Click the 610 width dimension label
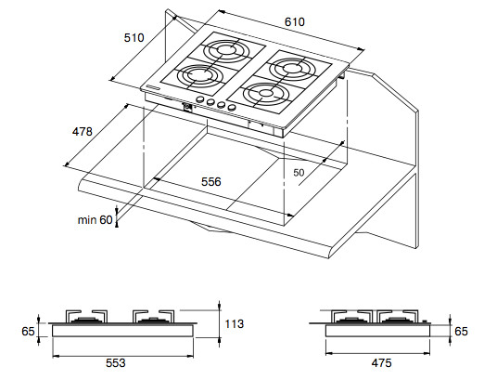coord(295,22)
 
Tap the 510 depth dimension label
coord(134,38)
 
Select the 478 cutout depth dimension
coord(83,132)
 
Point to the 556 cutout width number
coord(211,182)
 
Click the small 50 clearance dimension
coord(299,173)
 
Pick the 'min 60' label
coord(96,220)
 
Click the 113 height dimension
coord(235,324)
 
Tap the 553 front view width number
coord(116,363)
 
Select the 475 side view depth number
coord(381,363)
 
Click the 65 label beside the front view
coord(28,332)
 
